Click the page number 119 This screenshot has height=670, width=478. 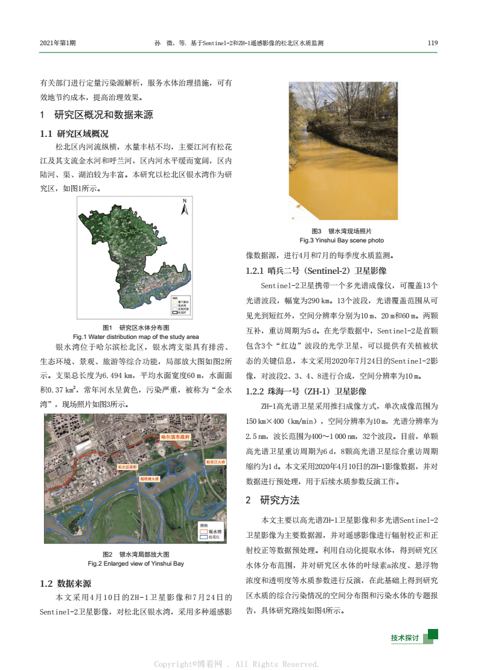click(x=432, y=43)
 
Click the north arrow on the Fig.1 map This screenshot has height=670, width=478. click(x=185, y=207)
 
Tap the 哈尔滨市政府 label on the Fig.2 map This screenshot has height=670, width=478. click(x=176, y=435)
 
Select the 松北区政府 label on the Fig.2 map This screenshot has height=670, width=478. click(x=127, y=467)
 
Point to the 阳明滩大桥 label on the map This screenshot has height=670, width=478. click(x=149, y=478)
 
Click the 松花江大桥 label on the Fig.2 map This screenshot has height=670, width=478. click(x=215, y=461)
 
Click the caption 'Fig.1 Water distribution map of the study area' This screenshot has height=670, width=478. click(x=136, y=337)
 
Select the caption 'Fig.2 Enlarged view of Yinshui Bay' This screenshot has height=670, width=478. click(x=136, y=563)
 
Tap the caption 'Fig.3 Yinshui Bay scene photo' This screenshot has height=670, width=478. click(x=342, y=239)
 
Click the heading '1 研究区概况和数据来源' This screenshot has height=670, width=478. click(x=97, y=115)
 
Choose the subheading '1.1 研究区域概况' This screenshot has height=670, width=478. click(x=74, y=133)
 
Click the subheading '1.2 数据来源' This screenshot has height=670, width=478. click(x=66, y=583)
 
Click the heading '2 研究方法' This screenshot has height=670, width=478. click(x=273, y=500)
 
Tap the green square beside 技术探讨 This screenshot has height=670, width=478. click(x=433, y=634)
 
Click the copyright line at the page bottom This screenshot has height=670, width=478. click(x=236, y=664)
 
